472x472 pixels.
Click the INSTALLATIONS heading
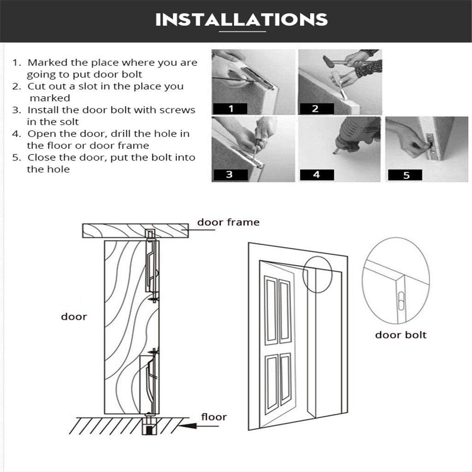[242, 20]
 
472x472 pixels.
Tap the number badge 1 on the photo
[230, 109]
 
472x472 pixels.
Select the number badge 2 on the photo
[316, 109]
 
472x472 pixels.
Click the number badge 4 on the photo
[317, 175]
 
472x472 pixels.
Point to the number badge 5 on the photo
[405, 175]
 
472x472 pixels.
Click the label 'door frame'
[228, 222]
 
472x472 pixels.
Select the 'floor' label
[214, 417]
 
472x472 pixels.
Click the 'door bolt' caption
[401, 335]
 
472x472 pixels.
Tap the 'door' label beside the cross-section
[74, 317]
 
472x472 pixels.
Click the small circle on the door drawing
[318, 275]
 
